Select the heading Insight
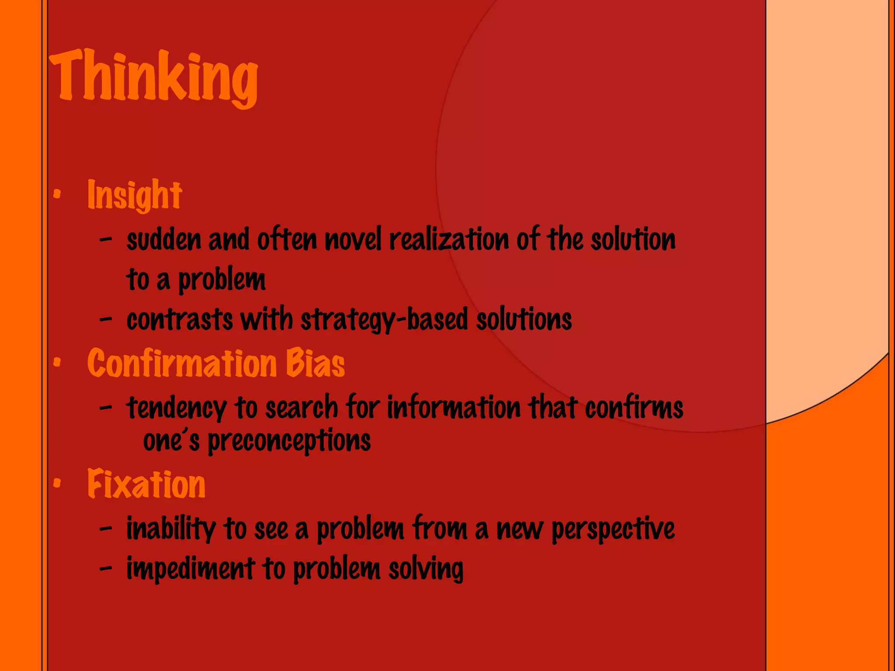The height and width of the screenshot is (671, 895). coord(135,195)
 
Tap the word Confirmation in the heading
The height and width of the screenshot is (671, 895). coord(182,363)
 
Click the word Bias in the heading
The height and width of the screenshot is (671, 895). coord(315,363)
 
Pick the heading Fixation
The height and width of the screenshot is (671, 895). coord(146,484)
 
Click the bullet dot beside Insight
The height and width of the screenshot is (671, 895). coord(56,193)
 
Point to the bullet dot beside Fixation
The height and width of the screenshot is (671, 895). coord(56,483)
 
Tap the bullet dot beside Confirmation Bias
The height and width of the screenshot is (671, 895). coord(56,362)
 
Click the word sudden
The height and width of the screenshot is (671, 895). coord(163,240)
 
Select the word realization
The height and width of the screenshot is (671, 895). coord(449,240)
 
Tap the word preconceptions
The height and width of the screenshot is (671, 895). coord(289,441)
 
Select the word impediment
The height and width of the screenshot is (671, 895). coord(191,569)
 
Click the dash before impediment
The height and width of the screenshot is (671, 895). coord(105,568)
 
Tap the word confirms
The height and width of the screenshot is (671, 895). coord(634,408)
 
